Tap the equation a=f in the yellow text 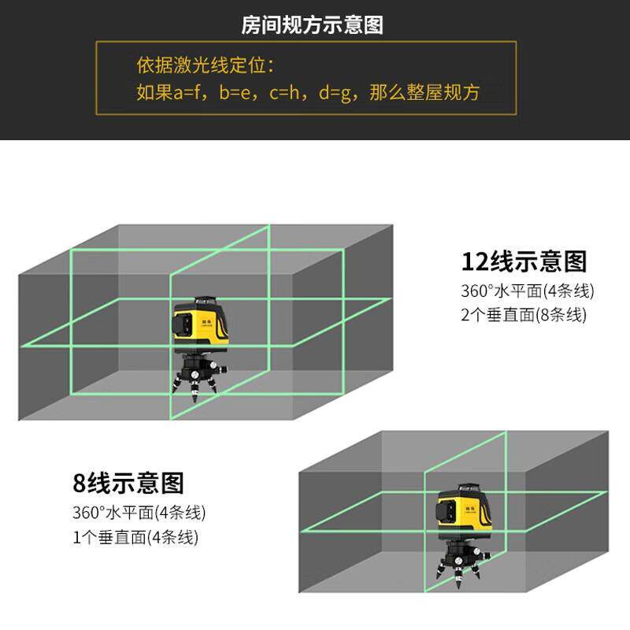[190, 93]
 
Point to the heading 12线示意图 [524, 261]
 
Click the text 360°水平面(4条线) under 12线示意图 [527, 291]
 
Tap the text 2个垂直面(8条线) [524, 315]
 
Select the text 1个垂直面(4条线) [135, 538]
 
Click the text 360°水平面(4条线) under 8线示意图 [139, 513]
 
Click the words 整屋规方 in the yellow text [442, 93]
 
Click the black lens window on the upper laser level [183, 324]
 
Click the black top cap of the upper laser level [204, 300]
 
